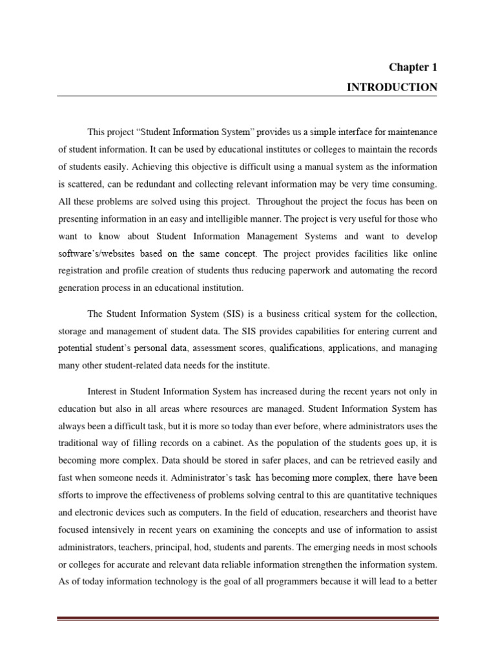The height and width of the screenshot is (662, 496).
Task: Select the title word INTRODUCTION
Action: click(392, 87)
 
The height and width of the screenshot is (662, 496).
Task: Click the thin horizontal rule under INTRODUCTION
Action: click(247, 96)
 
